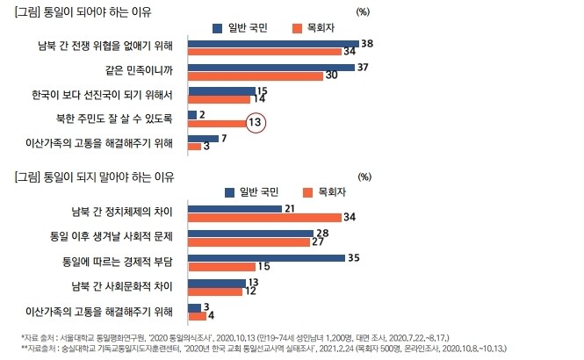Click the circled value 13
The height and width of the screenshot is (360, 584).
(x=255, y=124)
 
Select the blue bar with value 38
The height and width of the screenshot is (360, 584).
(x=273, y=43)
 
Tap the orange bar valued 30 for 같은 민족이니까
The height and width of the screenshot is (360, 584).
(x=255, y=76)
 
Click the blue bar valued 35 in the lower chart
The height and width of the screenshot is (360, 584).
(x=266, y=258)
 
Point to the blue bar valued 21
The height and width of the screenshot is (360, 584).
(x=234, y=208)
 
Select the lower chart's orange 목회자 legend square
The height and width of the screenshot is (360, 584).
(x=308, y=192)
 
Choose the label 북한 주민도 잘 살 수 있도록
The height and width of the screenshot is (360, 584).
(x=119, y=119)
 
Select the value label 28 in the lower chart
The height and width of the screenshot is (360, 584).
(x=322, y=233)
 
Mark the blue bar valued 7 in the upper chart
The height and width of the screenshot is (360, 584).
(x=203, y=138)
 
